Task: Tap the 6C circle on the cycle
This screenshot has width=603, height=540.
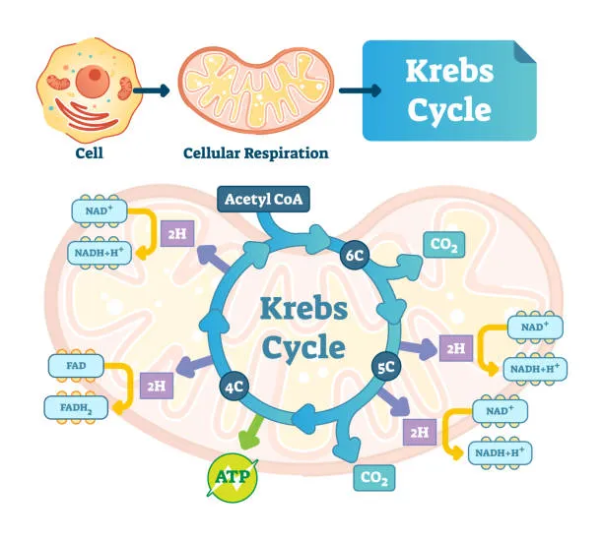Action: pos(354,257)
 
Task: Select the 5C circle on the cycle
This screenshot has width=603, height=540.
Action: pos(386,370)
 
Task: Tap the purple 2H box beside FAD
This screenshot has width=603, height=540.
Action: pos(155,386)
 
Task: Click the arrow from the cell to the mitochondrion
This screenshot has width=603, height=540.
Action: pos(150,91)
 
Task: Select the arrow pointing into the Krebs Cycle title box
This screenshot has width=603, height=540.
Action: pos(361,91)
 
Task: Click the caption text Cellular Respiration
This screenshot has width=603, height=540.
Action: pos(256,153)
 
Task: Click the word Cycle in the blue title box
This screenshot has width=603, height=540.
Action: pos(448,108)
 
